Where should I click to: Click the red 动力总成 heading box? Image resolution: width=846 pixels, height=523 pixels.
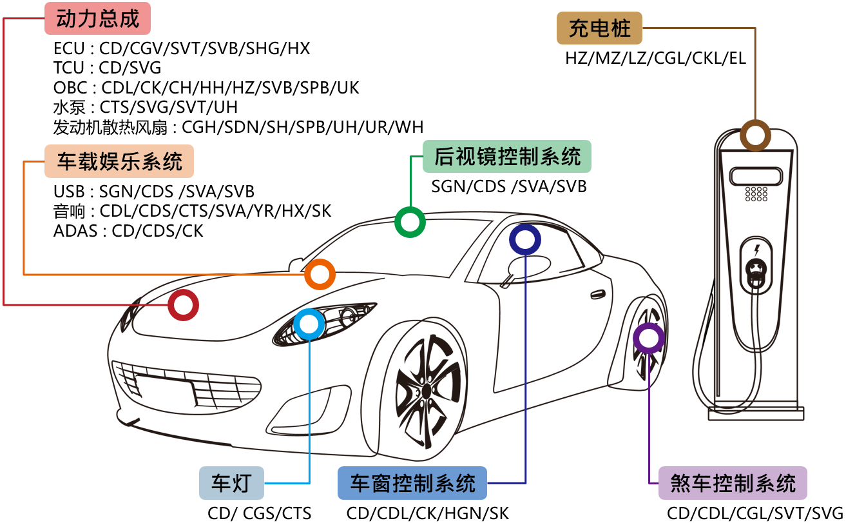[x=97, y=19]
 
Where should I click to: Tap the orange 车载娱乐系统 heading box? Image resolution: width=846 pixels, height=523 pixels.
[x=119, y=161]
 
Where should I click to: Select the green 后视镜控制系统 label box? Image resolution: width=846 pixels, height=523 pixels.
[x=506, y=157]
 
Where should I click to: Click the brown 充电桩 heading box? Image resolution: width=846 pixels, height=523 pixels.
[x=599, y=28]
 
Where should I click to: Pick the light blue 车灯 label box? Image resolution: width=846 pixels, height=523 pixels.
[x=231, y=483]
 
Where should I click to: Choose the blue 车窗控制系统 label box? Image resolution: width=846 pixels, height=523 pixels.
[x=412, y=483]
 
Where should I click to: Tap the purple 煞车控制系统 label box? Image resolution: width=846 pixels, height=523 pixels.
[x=733, y=483]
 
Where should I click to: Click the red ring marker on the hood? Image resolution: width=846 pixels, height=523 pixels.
[x=184, y=306]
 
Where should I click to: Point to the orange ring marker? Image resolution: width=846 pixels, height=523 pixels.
[x=320, y=274]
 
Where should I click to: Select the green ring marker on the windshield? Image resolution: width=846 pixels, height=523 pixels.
[x=410, y=222]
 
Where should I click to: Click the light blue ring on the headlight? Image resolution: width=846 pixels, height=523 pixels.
[x=309, y=324]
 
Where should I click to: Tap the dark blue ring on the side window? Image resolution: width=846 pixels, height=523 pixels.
[x=524, y=239]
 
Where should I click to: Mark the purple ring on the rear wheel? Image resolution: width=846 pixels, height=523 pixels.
[x=648, y=338]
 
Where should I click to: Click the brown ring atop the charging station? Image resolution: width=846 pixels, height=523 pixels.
[x=755, y=136]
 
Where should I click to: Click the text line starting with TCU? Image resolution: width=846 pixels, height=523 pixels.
[x=108, y=68]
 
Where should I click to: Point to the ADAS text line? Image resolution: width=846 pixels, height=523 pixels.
[x=128, y=230]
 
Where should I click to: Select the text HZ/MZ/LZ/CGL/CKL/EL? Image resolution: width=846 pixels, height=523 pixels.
[x=655, y=58]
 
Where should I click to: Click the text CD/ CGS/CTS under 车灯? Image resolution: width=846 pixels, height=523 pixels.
[x=260, y=513]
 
